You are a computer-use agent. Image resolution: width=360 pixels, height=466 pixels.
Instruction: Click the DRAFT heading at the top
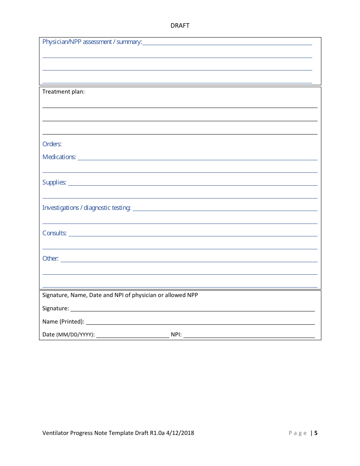[180, 26]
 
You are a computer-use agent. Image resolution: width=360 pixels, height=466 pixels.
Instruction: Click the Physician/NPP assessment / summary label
[92, 42]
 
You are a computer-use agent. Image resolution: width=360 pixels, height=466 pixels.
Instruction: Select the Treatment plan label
[63, 92]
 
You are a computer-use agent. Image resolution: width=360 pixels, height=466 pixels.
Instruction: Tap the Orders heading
[52, 144]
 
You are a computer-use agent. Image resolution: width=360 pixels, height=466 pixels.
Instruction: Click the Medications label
[59, 157]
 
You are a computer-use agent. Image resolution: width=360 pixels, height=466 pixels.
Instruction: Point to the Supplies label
[54, 183]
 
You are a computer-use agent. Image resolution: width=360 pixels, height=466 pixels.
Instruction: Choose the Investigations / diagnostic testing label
[86, 208]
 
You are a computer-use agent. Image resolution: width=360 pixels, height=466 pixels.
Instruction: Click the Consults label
[55, 233]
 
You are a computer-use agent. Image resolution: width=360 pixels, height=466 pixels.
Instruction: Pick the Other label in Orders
[50, 259]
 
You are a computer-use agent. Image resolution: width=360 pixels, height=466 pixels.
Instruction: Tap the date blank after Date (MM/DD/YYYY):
[133, 336]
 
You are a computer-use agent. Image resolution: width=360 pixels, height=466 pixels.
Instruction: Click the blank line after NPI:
[249, 336]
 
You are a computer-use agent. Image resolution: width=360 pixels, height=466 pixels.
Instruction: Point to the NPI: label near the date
[176, 335]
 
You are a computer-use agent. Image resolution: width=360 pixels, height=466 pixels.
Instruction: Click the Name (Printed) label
[63, 322]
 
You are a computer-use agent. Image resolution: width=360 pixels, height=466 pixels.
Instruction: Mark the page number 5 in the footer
[316, 433]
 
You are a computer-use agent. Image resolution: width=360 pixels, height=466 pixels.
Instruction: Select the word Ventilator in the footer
[55, 433]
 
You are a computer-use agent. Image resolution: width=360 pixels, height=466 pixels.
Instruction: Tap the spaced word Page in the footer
[298, 433]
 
